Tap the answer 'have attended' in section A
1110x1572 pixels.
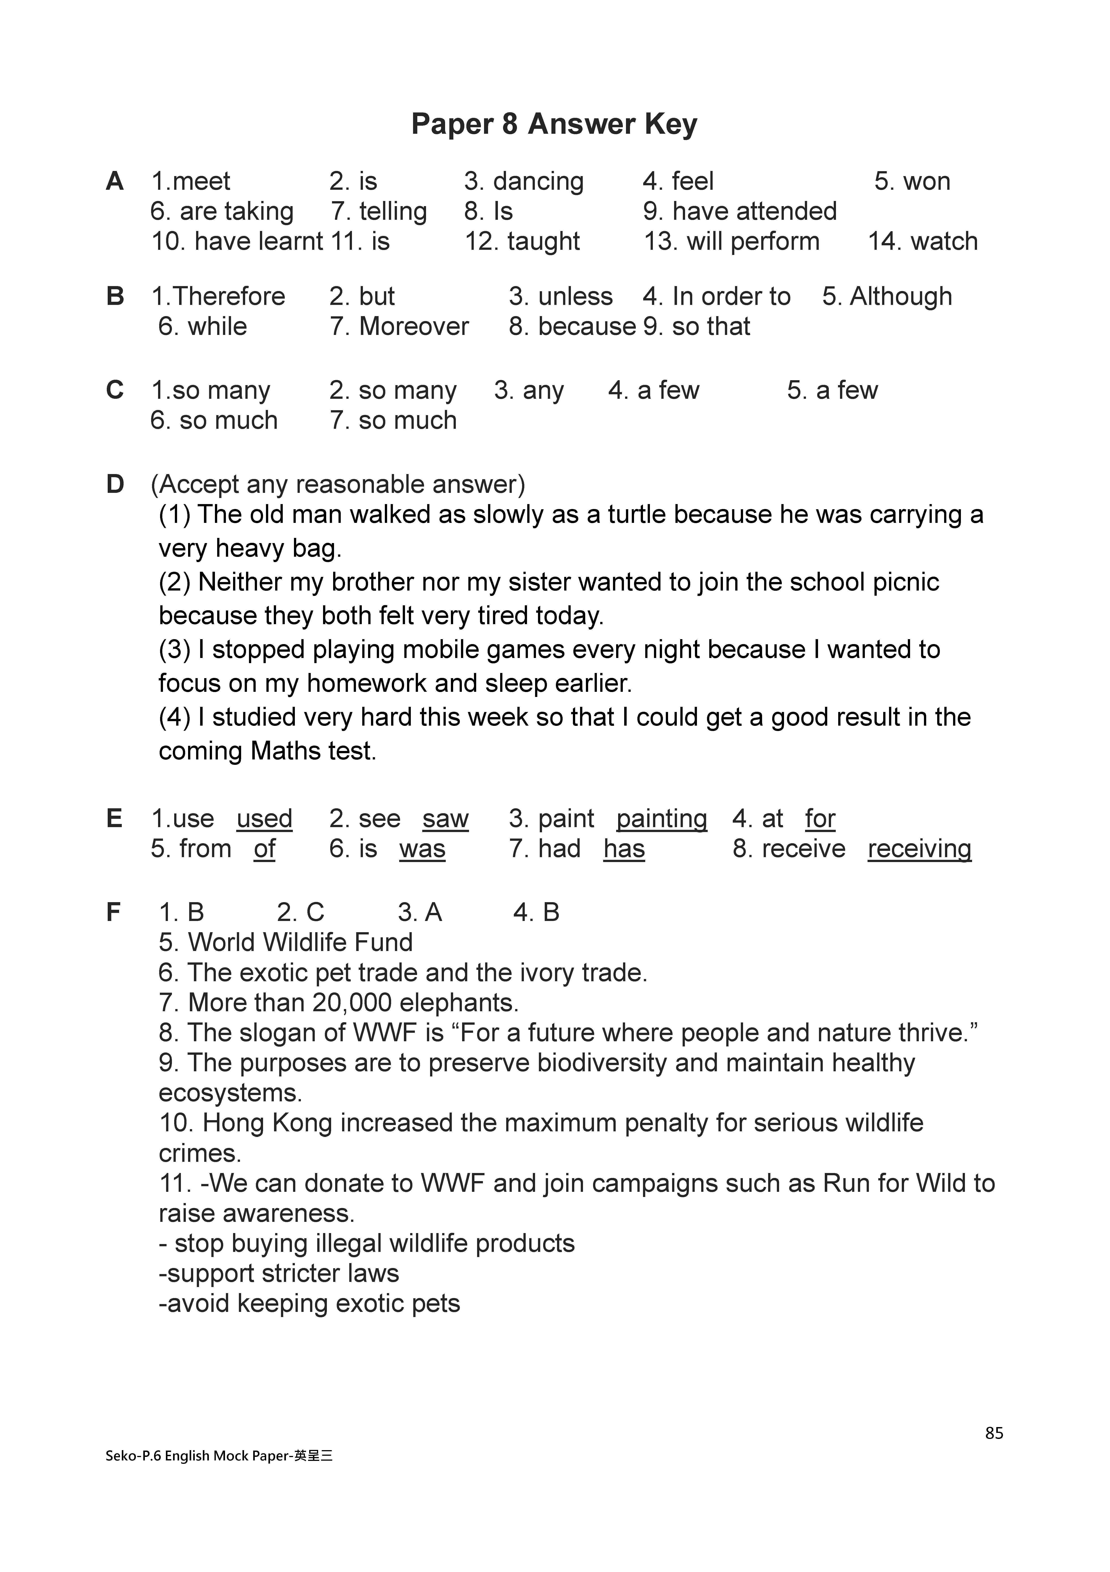click(754, 211)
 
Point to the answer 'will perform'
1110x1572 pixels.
click(753, 242)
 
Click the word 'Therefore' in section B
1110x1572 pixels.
click(229, 296)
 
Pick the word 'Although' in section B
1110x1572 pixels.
click(901, 296)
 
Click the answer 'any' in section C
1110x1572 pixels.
click(543, 390)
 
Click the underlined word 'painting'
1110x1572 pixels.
click(661, 819)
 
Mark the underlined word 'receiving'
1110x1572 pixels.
click(919, 849)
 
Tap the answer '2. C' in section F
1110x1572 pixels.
click(300, 913)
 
